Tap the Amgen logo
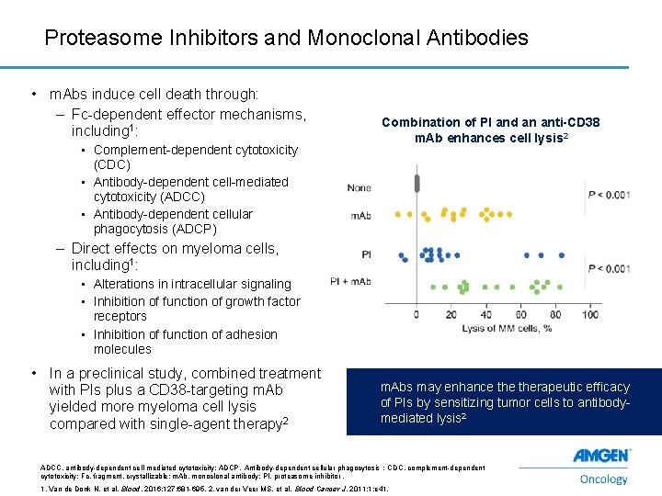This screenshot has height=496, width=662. point(601,457)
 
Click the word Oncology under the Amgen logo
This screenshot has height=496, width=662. point(604,478)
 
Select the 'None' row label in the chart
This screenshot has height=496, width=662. point(359,187)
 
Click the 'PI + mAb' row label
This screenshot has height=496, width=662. point(351,281)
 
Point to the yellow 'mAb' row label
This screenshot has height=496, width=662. point(360,216)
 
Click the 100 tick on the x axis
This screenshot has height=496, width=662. point(589,314)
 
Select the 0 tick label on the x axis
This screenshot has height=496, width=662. point(417,314)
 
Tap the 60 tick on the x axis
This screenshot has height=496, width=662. point(521,314)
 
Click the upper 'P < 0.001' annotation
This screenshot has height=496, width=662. point(610,194)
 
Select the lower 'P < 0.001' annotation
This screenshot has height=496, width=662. point(610,268)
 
